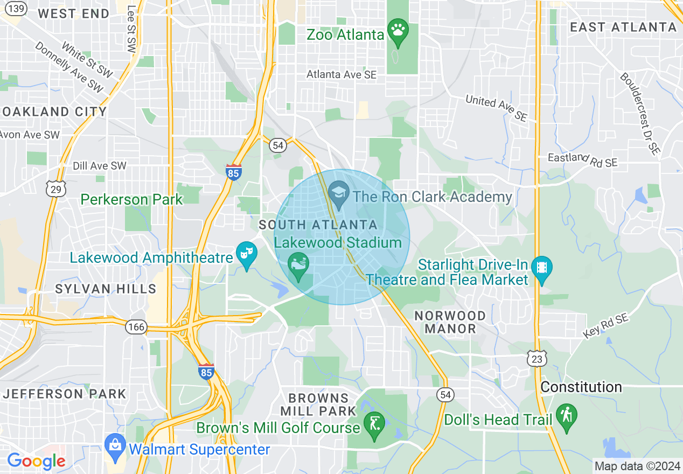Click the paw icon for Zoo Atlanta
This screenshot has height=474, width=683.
(398, 31)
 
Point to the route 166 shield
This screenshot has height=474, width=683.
(136, 327)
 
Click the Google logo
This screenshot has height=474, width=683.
(36, 461)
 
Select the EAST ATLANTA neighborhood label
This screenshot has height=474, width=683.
(623, 27)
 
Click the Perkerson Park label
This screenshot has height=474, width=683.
(132, 200)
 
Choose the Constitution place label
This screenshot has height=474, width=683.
(581, 387)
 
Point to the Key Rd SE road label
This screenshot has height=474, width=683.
(605, 327)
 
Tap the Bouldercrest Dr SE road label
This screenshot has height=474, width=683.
(640, 113)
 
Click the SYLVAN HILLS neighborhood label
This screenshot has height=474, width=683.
(106, 289)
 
